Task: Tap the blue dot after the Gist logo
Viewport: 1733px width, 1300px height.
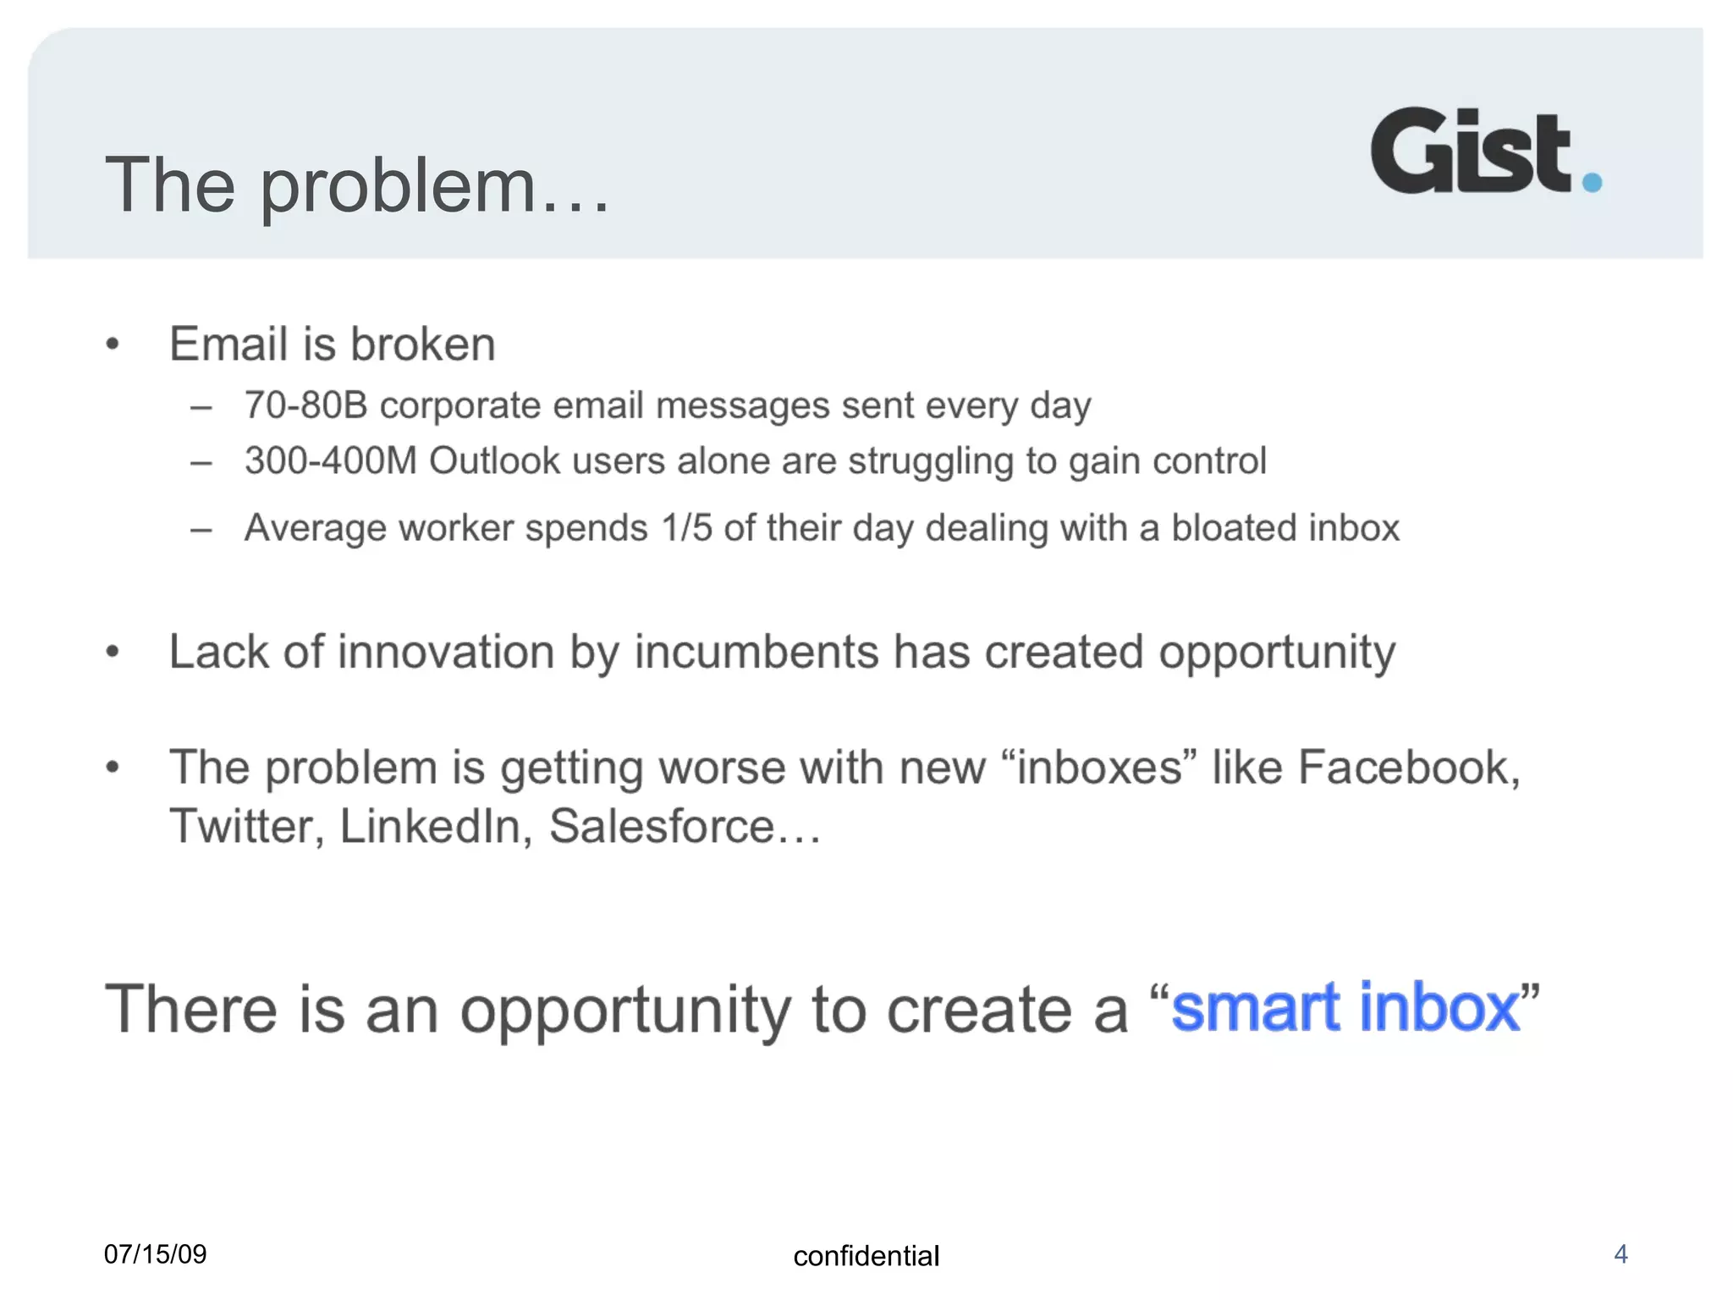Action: click(x=1591, y=182)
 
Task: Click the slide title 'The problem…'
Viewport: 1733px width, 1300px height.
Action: click(x=355, y=186)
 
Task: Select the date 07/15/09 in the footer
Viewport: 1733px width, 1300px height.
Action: click(x=155, y=1253)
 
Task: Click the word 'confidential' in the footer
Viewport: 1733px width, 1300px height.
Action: click(x=866, y=1256)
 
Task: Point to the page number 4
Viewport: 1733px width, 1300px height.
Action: click(x=1620, y=1253)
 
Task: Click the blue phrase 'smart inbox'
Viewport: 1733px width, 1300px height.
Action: click(x=1345, y=1007)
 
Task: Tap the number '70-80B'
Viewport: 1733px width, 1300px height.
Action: click(x=305, y=405)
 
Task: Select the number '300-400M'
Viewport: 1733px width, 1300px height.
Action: click(x=330, y=461)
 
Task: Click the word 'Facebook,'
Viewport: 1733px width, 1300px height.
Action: click(x=1409, y=768)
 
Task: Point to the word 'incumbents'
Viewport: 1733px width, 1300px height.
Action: click(x=756, y=653)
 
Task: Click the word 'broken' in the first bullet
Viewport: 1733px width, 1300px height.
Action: click(x=422, y=344)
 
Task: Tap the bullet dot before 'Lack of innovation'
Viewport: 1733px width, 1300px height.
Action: click(x=113, y=653)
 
